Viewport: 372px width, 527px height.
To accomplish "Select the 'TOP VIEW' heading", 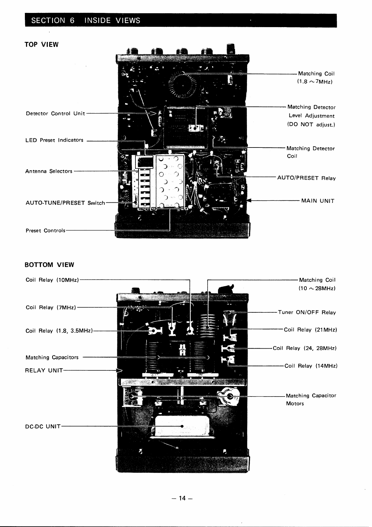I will (42, 44).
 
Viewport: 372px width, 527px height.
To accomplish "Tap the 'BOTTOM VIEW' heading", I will (49, 264).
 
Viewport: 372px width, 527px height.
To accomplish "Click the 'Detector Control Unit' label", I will (55, 113).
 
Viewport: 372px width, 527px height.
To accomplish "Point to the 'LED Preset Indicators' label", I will (54, 140).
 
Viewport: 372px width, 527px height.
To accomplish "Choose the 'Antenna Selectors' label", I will (49, 171).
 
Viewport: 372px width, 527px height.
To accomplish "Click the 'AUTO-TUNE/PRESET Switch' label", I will (65, 203).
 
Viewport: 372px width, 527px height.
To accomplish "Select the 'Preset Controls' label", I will (45, 230).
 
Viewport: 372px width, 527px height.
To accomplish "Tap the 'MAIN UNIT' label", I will (318, 201).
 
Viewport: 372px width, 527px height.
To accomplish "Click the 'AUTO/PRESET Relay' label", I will (306, 178).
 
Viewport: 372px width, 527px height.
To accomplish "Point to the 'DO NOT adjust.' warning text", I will (311, 125).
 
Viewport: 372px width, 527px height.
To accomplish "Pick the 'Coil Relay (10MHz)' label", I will (52, 280).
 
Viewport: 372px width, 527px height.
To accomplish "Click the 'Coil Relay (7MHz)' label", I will (51, 308).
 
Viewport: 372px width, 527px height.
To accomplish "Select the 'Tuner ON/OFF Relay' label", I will (307, 312).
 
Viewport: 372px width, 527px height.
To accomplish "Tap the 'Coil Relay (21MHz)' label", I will (310, 330).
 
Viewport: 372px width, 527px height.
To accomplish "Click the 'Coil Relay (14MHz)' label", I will (311, 366).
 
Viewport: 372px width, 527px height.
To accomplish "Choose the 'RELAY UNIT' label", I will (44, 370).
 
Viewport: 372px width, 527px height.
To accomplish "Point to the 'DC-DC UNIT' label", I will (43, 426).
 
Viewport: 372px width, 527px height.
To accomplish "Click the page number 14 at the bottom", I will (182, 498).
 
